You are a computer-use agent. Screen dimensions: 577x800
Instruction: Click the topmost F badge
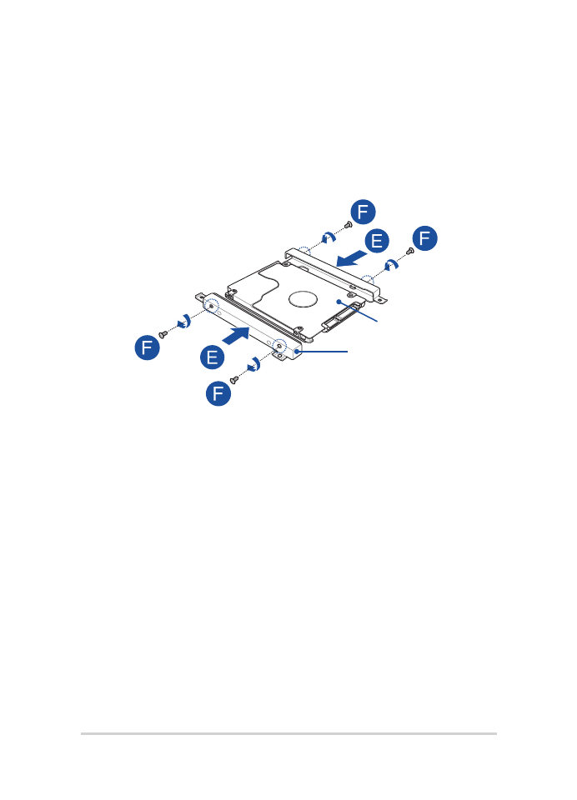click(363, 212)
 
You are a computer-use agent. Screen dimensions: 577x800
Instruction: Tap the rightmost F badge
click(425, 238)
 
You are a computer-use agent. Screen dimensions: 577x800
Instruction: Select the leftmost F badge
click(147, 347)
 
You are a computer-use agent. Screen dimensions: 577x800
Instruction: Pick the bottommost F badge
click(218, 393)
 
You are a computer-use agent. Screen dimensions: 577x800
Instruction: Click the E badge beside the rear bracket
click(377, 241)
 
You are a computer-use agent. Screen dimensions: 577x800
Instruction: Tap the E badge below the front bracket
click(213, 357)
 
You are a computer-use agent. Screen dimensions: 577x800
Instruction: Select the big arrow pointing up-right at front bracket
click(236, 336)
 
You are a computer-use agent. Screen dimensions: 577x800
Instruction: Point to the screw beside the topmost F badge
click(349, 224)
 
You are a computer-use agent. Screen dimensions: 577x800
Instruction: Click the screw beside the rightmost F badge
click(409, 251)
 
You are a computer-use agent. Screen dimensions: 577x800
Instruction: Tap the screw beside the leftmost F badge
click(163, 334)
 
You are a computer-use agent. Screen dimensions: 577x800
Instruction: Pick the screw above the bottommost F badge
click(233, 380)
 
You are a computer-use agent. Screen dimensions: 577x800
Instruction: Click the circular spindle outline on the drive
click(303, 298)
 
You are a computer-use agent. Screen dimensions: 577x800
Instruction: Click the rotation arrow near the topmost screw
click(329, 237)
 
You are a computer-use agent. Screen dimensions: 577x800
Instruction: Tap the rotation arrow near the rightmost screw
click(391, 264)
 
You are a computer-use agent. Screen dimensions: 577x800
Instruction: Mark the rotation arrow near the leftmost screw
click(184, 321)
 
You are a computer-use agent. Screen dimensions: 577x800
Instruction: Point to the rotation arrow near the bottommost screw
click(254, 364)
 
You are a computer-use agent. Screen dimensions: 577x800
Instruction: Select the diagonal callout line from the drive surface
click(358, 311)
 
